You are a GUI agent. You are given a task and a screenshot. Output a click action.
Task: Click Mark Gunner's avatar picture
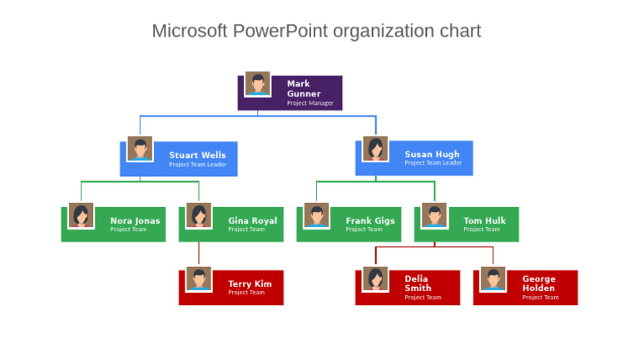[257, 83]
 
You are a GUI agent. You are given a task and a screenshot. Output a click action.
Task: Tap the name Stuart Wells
[197, 155]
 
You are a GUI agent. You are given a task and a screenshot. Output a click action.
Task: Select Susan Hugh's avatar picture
[375, 149]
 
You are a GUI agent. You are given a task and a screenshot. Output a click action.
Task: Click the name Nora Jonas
[135, 221]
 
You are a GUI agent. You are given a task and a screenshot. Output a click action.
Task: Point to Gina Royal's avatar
[198, 215]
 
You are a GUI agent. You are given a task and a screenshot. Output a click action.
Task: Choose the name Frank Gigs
[370, 221]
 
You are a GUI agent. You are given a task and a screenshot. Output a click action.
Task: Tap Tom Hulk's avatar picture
[433, 215]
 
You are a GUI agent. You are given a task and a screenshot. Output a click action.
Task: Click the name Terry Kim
[250, 284]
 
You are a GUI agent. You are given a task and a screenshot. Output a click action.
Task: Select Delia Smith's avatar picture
[375, 279]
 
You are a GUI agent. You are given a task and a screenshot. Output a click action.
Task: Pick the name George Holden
[538, 284]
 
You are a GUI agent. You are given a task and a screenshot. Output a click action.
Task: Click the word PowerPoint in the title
[280, 32]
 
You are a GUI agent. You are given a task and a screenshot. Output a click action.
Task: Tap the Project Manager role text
[310, 104]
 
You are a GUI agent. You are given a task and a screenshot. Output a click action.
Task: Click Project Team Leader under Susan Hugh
[433, 164]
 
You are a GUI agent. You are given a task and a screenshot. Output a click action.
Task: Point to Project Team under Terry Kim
[246, 293]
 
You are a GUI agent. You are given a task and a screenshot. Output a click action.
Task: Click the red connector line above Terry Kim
[199, 254]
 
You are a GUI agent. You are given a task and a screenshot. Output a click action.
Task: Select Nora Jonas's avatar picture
[81, 215]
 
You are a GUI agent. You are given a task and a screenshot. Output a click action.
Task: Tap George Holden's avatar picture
[493, 279]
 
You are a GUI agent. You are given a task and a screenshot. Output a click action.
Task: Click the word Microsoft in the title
[189, 32]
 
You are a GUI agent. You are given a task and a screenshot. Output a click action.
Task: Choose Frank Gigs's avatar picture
[316, 215]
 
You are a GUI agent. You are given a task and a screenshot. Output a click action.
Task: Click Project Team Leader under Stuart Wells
[197, 165]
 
